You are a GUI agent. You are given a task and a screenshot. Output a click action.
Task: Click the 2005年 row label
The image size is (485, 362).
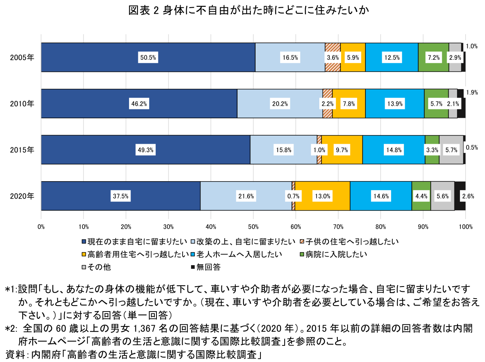click(23, 58)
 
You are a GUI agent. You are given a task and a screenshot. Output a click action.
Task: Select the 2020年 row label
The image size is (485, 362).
click(23, 196)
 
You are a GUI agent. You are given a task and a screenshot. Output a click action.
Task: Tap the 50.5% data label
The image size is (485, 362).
click(148, 58)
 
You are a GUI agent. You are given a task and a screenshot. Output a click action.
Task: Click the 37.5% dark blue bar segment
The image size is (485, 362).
click(121, 196)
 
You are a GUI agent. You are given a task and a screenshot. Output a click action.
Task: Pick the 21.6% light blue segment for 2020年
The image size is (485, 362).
click(246, 196)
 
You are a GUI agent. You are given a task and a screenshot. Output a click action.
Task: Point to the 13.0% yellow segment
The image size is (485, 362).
click(323, 196)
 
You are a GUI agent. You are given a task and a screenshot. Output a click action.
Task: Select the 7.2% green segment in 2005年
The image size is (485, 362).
click(433, 58)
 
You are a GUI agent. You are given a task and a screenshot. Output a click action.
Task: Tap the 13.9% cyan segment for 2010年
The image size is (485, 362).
click(395, 104)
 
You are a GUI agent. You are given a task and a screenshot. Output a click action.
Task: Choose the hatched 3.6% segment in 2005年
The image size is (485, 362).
click(333, 58)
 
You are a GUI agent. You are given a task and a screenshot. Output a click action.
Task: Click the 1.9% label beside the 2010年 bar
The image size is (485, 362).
click(472, 92)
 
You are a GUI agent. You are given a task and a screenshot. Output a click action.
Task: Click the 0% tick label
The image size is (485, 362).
click(41, 227)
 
